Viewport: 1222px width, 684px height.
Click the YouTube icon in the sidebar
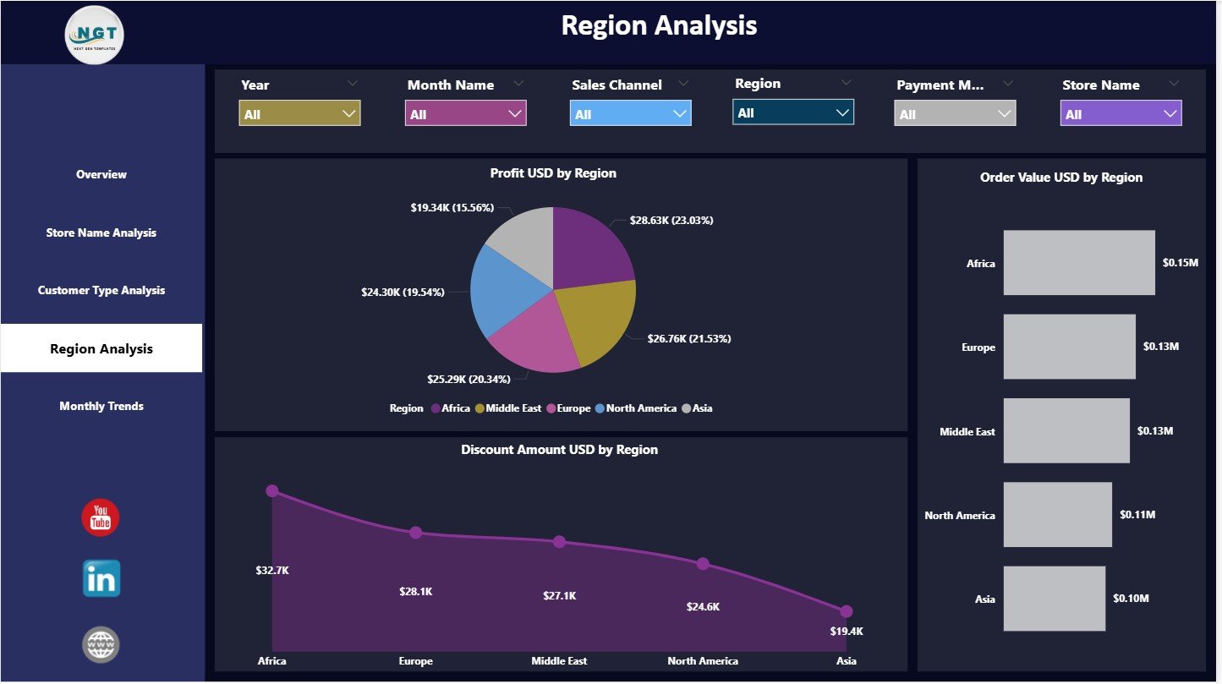(x=101, y=517)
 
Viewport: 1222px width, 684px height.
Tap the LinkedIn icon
(x=101, y=579)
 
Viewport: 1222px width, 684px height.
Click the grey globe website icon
(x=101, y=644)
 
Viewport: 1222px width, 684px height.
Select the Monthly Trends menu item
(x=101, y=407)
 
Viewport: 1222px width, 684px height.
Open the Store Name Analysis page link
(x=101, y=233)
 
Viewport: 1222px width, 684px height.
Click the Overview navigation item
(x=101, y=175)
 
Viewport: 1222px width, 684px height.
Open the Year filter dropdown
(x=299, y=114)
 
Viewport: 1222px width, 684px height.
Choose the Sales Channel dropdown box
(x=630, y=114)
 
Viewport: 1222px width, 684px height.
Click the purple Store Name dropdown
(x=1121, y=114)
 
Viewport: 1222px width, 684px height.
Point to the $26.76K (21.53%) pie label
(x=689, y=338)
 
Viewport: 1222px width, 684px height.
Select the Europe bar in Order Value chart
(x=1069, y=347)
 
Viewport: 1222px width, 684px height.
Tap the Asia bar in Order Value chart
(x=1054, y=599)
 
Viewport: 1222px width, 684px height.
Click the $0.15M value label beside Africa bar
(x=1180, y=263)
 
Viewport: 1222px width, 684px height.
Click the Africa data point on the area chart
(x=272, y=491)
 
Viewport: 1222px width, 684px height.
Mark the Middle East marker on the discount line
(x=559, y=542)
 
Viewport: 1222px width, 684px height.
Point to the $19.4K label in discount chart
(x=846, y=632)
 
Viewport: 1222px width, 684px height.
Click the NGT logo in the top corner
(x=95, y=34)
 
